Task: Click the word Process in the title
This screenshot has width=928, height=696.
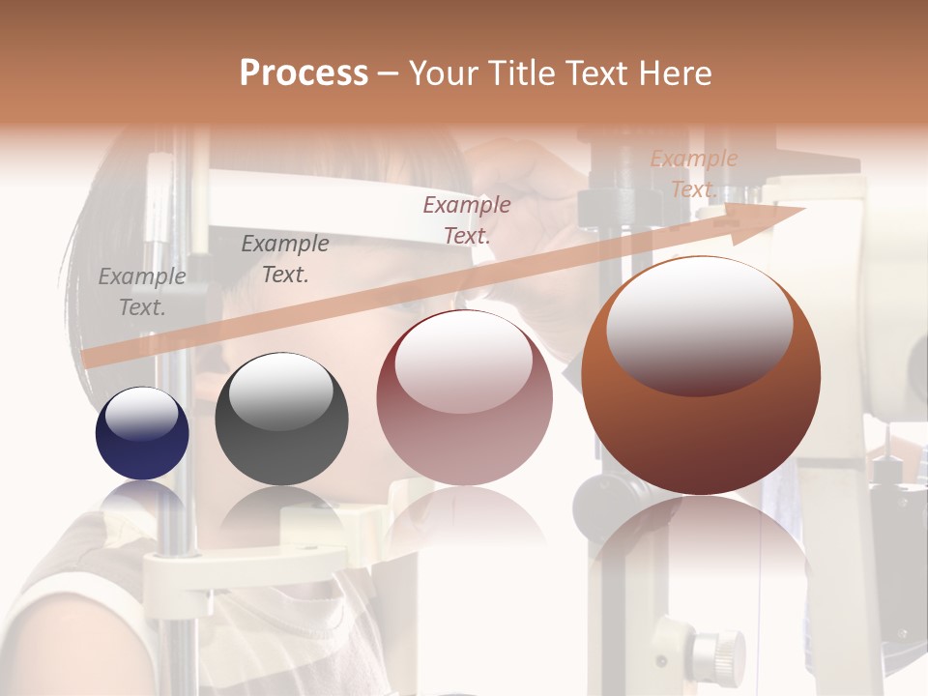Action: click(304, 73)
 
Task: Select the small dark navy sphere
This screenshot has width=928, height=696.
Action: click(142, 433)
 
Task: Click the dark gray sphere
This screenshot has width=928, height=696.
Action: click(281, 420)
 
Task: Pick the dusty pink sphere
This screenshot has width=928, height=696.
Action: click(464, 398)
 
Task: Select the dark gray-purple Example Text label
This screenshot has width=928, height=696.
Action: click(285, 259)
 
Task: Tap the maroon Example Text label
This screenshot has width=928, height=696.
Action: click(467, 219)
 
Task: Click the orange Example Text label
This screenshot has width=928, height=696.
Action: click(693, 174)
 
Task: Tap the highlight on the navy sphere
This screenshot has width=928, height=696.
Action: click(141, 414)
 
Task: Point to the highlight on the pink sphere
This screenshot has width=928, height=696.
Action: click(464, 361)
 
